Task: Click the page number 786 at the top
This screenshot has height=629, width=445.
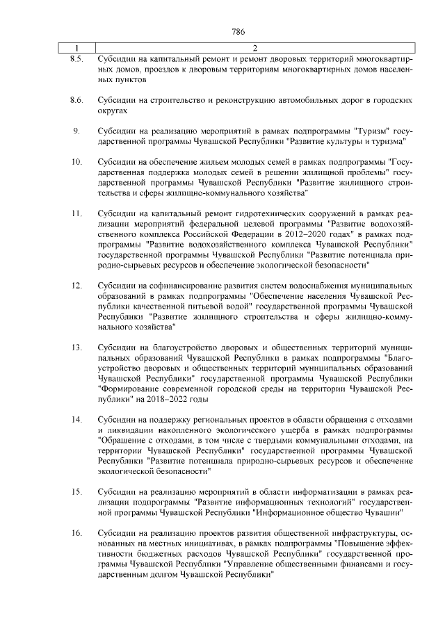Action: (x=239, y=32)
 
